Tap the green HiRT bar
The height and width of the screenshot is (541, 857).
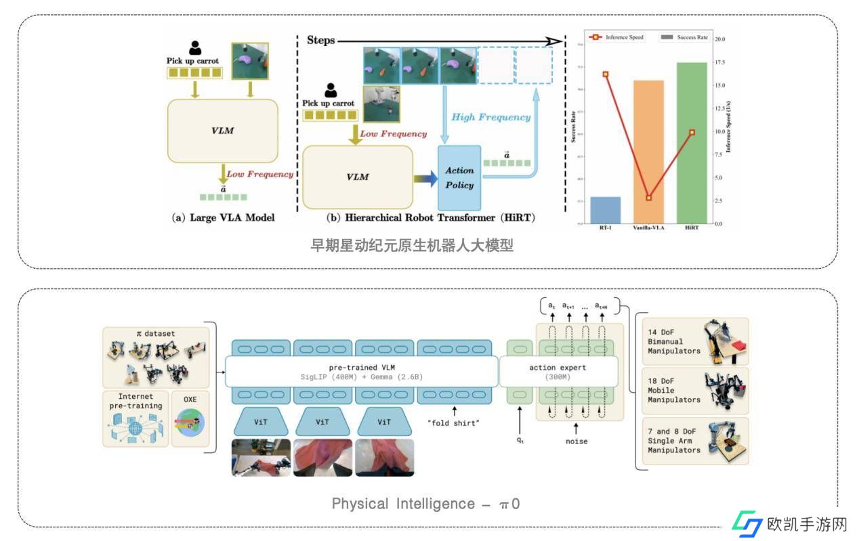[692, 143]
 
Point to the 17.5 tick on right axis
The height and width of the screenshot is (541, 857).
[718, 62]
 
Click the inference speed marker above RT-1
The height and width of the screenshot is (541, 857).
[605, 74]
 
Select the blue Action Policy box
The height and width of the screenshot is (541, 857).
[459, 177]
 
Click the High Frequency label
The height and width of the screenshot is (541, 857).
[490, 117]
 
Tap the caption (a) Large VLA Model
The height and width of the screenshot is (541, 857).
[223, 218]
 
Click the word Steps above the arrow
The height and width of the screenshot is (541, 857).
[320, 41]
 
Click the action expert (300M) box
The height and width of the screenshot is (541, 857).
[558, 372]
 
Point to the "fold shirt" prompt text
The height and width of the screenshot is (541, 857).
[453, 424]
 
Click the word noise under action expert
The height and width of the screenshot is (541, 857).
[576, 441]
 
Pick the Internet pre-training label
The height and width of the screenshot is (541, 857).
[135, 401]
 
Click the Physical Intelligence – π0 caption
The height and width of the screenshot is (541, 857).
[425, 504]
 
